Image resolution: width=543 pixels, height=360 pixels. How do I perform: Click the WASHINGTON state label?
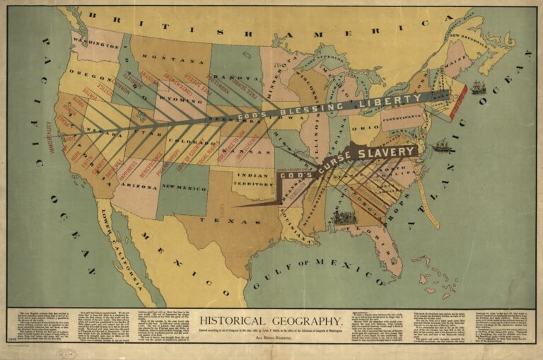tap(95, 45)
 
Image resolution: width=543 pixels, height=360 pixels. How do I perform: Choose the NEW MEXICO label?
tap(183, 187)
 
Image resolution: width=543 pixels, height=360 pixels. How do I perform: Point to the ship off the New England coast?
tap(479, 88)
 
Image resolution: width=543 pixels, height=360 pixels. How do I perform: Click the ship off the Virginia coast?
tap(443, 146)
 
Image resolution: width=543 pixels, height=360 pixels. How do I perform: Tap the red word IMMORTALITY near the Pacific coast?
tap(49, 138)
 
